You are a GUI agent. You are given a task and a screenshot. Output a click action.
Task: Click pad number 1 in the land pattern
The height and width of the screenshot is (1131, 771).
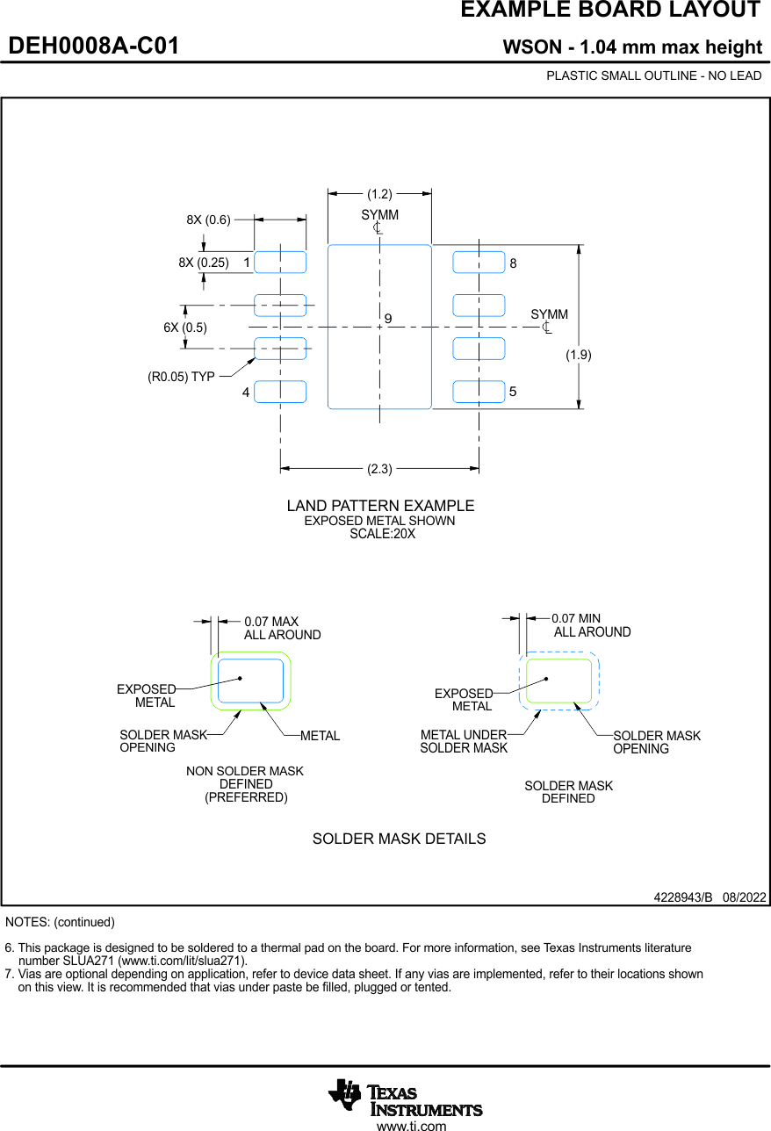tap(280, 262)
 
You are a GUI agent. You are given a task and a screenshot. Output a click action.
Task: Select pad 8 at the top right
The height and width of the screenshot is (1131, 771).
tap(479, 262)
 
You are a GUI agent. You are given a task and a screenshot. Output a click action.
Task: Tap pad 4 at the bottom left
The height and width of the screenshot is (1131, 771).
tap(280, 392)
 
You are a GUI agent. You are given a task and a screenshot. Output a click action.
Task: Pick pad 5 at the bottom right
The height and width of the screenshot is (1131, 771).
tap(479, 392)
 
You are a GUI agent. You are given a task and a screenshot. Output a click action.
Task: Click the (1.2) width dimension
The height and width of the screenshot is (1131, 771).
tap(379, 194)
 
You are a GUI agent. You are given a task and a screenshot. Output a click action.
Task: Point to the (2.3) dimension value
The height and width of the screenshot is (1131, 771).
tap(379, 469)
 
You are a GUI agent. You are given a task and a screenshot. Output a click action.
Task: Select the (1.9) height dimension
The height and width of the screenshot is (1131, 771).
tap(578, 355)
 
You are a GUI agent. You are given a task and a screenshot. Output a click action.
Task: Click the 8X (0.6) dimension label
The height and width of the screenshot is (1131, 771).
tap(208, 220)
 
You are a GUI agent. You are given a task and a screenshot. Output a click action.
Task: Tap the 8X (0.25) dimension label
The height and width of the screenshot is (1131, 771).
tap(203, 262)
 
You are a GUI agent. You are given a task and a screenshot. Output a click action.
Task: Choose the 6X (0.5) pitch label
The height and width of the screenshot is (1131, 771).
tap(184, 328)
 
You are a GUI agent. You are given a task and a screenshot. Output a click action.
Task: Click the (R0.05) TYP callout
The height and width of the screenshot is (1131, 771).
tap(181, 377)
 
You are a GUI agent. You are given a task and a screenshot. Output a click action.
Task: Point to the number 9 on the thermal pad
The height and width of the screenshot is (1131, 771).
tap(387, 318)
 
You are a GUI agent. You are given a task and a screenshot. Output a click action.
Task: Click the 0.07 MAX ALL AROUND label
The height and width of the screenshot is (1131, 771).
tap(282, 628)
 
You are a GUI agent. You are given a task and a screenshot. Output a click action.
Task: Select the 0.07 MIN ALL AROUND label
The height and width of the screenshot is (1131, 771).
tap(591, 625)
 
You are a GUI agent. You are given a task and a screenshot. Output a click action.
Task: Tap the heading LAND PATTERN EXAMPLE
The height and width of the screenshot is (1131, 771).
tap(380, 506)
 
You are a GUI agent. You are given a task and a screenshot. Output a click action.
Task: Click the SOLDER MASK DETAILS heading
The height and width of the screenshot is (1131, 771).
tap(399, 839)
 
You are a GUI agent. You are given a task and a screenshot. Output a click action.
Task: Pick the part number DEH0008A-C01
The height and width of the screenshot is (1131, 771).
tap(94, 47)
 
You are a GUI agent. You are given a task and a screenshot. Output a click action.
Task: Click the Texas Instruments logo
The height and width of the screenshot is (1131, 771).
tap(405, 1098)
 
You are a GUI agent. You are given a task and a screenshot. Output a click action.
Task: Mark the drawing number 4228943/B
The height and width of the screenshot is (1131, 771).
tap(682, 897)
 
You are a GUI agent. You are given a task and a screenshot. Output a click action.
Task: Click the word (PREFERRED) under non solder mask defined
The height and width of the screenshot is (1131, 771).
tap(246, 797)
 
